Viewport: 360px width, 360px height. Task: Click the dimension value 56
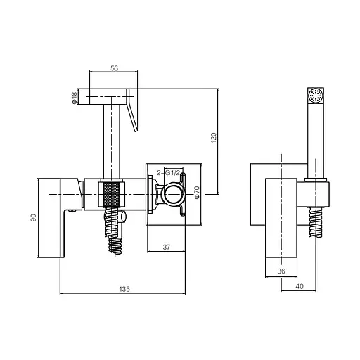click(114, 68)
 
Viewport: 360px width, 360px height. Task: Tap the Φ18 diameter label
click(74, 98)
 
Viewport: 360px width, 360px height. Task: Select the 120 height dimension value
click(214, 138)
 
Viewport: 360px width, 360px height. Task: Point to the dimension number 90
click(34, 218)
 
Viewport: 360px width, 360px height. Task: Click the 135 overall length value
click(124, 289)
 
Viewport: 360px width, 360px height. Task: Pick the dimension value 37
click(167, 247)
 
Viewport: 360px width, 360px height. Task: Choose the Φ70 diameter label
click(197, 193)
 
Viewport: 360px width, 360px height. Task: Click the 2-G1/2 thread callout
click(168, 173)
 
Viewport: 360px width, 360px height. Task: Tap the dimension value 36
click(281, 271)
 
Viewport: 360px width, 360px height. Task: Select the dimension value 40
click(300, 286)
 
